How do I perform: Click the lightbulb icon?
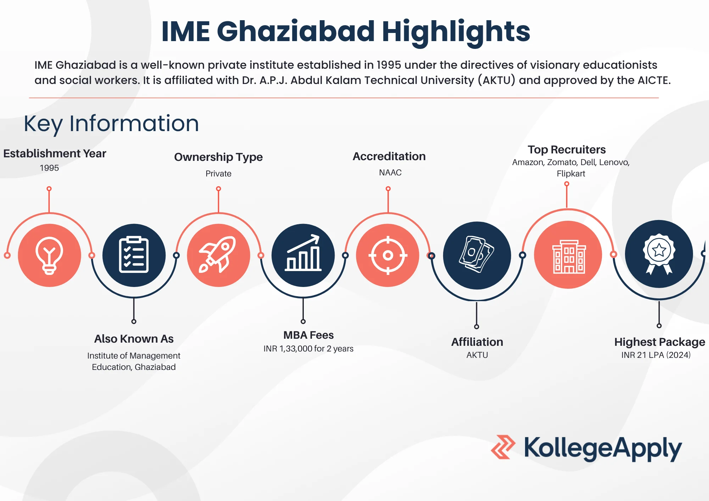click(x=49, y=255)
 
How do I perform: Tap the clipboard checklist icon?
click(x=134, y=255)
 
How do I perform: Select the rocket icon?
click(x=218, y=255)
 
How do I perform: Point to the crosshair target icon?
click(x=388, y=255)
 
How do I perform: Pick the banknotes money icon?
click(x=477, y=255)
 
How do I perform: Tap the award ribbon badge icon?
click(x=659, y=254)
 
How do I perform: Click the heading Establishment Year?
click(x=55, y=153)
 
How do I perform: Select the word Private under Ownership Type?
click(x=218, y=174)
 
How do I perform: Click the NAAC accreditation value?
click(x=390, y=173)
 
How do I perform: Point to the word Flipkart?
click(x=571, y=174)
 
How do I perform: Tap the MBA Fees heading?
click(x=308, y=335)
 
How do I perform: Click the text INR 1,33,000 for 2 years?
click(x=308, y=349)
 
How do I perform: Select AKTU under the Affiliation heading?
click(x=477, y=355)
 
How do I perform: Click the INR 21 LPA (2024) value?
click(x=656, y=355)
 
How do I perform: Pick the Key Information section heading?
click(x=111, y=124)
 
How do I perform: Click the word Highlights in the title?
click(x=456, y=32)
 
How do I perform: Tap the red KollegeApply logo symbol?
click(x=503, y=447)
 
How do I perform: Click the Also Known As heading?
click(x=134, y=339)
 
